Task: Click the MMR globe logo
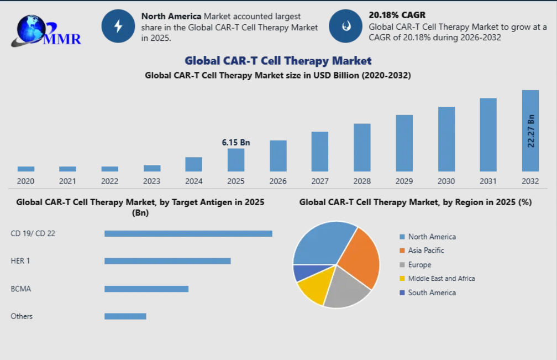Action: tap(46, 32)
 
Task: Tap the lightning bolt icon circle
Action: tap(118, 26)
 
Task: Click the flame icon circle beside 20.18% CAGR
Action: tap(346, 26)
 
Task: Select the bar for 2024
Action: tap(193, 164)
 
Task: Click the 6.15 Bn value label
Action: tap(236, 143)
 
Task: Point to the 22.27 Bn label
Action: tap(530, 131)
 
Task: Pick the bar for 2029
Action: tap(404, 143)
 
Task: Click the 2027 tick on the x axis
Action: tap(320, 181)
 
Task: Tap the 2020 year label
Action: tap(25, 181)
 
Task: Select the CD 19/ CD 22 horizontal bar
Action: tap(188, 233)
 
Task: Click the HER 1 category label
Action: tap(20, 261)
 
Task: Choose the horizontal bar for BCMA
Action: tap(146, 289)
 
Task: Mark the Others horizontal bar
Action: tap(125, 316)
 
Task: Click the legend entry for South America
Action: tap(428, 293)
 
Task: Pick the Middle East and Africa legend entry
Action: tap(437, 279)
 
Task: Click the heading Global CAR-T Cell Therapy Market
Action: tap(278, 61)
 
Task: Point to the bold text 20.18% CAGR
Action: tap(397, 15)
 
